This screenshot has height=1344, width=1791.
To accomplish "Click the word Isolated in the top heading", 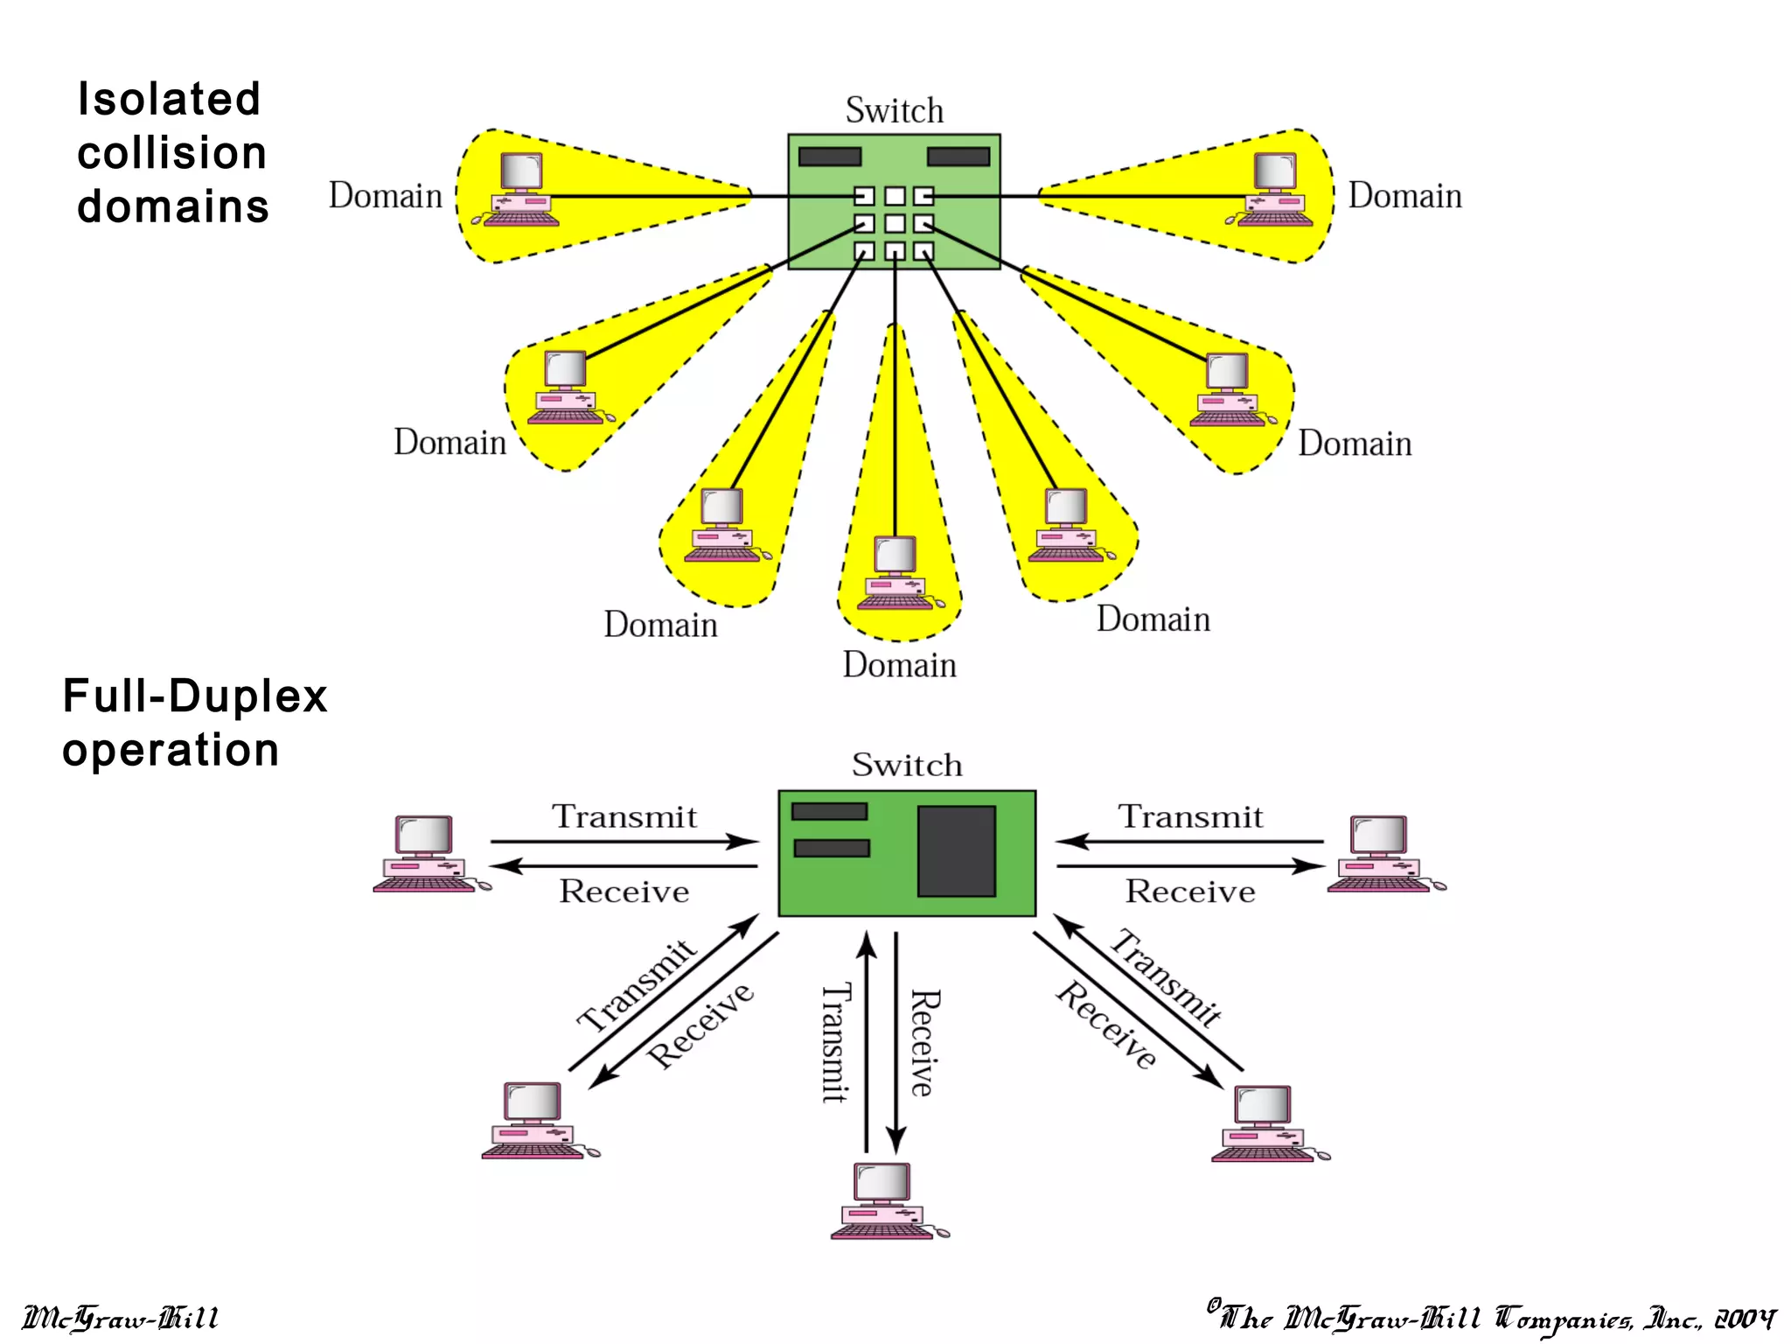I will point(169,99).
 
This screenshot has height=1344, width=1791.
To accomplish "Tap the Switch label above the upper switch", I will point(894,111).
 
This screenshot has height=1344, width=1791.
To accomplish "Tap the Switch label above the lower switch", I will point(907,765).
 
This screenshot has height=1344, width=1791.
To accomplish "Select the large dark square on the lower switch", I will point(956,851).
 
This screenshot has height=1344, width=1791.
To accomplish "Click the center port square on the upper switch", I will point(895,224).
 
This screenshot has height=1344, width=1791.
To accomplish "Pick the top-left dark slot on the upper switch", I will point(829,157).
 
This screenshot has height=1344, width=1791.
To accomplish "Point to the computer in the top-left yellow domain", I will point(519,190).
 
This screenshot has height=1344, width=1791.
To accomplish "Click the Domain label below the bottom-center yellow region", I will point(899,666).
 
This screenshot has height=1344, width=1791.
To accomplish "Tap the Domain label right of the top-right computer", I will point(1404,196).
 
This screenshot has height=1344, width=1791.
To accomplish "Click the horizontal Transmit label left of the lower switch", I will point(624,817).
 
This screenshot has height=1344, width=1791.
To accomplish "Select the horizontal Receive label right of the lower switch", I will point(1189,892).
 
